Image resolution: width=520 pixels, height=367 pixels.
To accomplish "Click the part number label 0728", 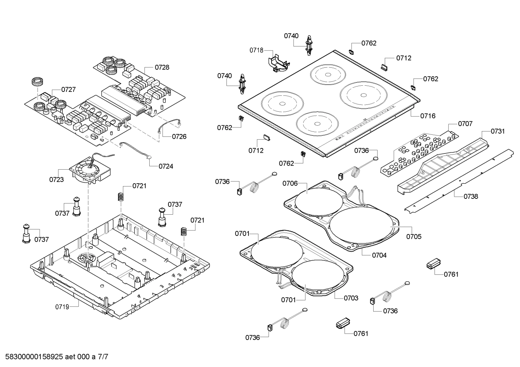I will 162,67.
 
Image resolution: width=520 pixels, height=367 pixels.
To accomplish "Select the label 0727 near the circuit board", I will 68,89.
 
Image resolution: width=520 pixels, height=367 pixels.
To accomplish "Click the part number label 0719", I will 62,307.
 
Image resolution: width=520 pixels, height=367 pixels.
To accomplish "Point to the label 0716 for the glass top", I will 428,116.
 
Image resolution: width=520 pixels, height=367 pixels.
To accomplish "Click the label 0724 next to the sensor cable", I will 166,166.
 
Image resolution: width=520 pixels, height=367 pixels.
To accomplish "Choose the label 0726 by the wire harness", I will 179,136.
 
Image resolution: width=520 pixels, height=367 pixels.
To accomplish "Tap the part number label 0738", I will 471,196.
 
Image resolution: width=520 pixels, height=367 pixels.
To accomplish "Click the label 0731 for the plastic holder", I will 498,131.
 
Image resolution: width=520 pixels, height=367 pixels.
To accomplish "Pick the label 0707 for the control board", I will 465,124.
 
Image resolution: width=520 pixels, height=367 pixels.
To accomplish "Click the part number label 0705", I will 414,237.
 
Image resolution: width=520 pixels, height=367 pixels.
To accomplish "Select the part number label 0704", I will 379,255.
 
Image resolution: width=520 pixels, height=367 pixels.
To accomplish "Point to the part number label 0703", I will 351,298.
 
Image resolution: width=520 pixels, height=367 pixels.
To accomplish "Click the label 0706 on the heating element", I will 290,183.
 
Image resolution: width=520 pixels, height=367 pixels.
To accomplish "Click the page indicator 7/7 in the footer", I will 103,357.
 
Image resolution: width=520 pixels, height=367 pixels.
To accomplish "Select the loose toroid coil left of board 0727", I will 37,82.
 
